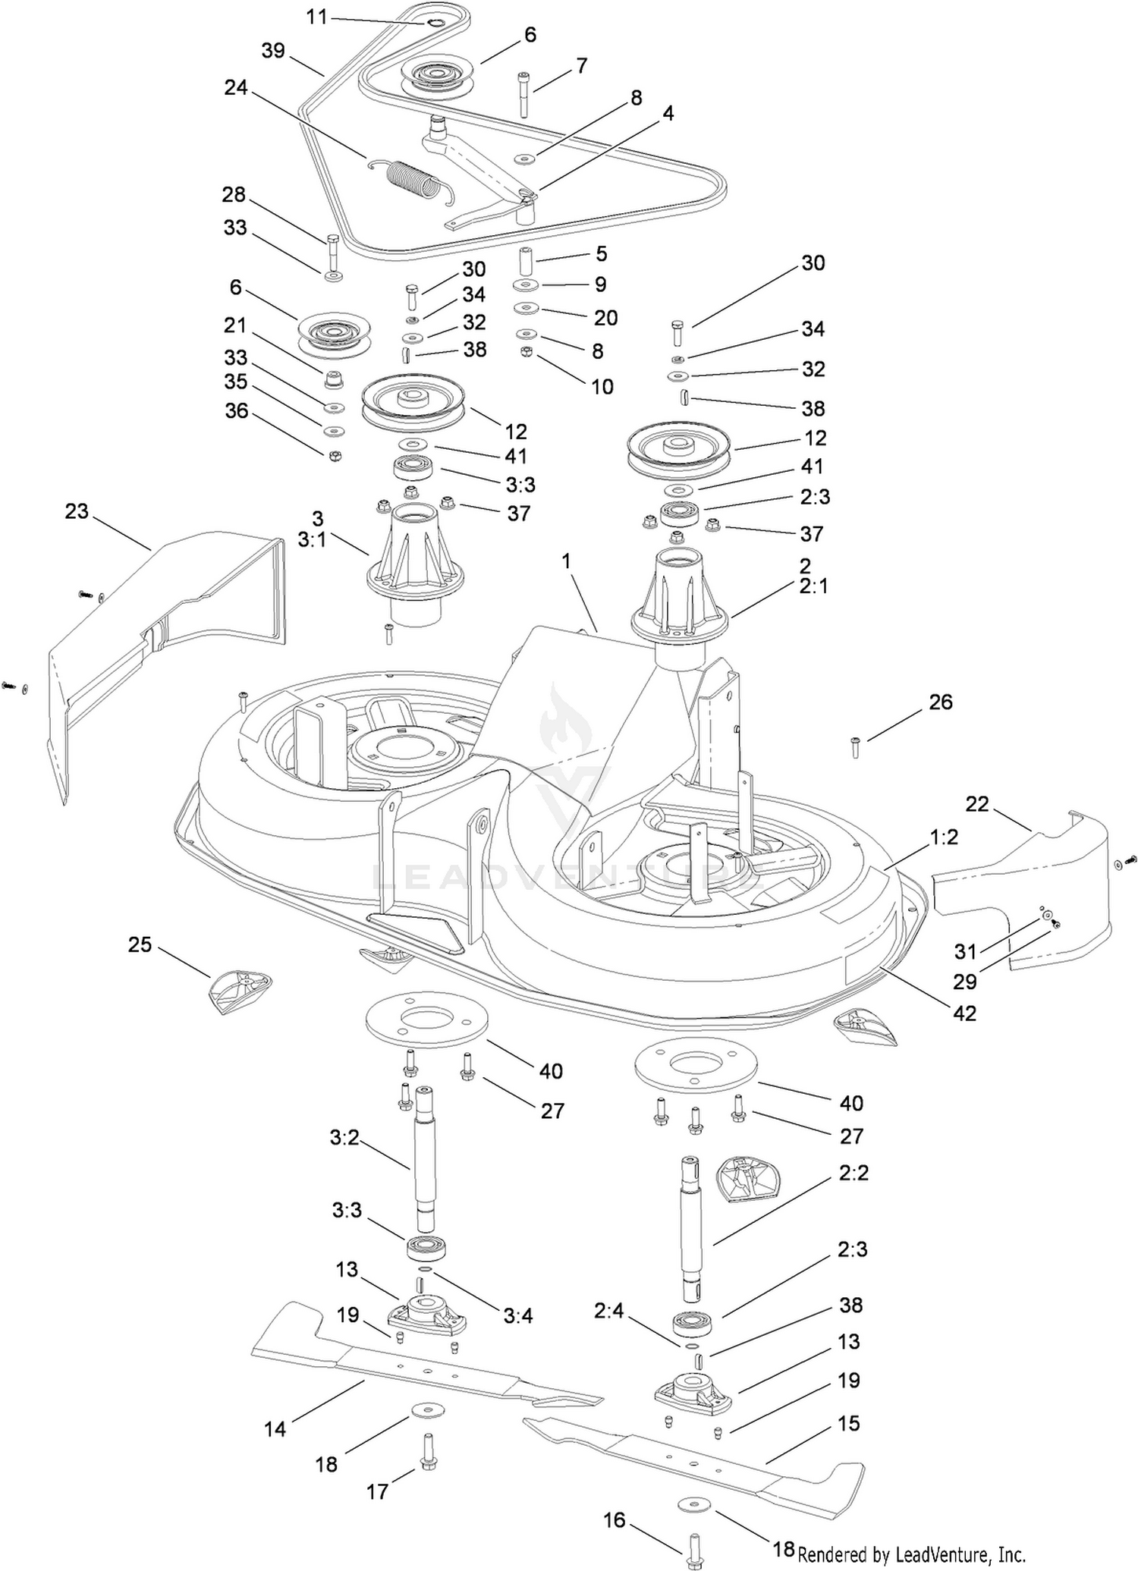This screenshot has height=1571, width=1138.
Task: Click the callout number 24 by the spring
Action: point(236,88)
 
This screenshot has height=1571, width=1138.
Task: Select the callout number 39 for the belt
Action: point(273,51)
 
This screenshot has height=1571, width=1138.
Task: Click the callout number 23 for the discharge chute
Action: point(77,511)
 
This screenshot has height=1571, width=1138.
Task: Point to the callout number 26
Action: point(941,702)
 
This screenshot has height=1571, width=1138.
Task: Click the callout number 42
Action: point(964,1013)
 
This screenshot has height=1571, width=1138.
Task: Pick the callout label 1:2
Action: point(944,837)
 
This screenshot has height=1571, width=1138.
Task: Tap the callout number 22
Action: point(977,803)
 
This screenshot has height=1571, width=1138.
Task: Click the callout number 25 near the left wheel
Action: point(140,944)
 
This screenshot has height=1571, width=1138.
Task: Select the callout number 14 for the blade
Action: point(275,1429)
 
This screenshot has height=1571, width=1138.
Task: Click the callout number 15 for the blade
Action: point(848,1423)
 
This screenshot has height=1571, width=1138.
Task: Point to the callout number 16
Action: point(615,1519)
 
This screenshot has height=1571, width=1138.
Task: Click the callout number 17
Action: point(377,1492)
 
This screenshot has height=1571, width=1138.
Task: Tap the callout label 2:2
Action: point(853,1173)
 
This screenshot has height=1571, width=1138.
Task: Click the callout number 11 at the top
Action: point(317,16)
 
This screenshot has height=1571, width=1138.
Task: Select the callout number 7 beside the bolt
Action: point(581,66)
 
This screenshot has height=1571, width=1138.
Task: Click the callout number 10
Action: point(602,386)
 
